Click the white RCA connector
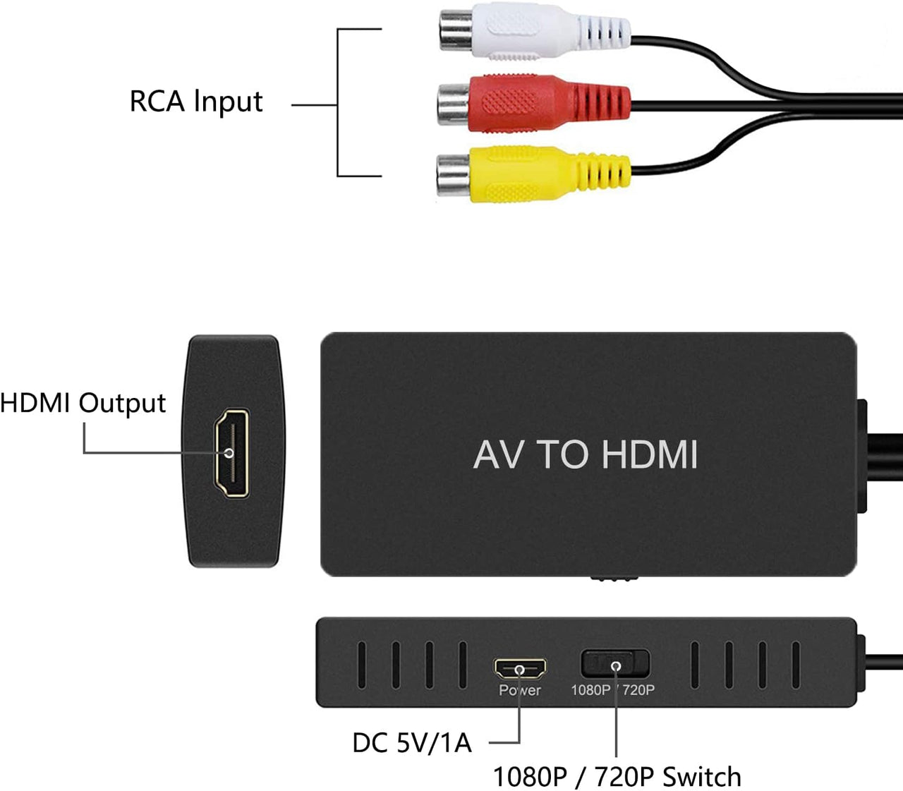pos(536,32)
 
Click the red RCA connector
pos(536,102)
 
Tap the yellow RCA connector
pos(536,174)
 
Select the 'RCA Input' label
pos(195,102)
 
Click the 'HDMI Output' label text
pos(83,403)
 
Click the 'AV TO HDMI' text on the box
pos(586,454)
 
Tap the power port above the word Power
pos(520,668)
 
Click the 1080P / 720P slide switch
pos(614,664)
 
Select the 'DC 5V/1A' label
pos(411,742)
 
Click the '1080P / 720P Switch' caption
pos(617,776)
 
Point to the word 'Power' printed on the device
pos(519,690)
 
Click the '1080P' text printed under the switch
pos(590,690)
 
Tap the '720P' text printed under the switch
pos(638,690)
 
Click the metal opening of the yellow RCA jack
pos(451,174)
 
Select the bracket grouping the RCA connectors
pos(339,102)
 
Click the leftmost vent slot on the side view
pos(361,665)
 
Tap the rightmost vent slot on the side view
pos(796,665)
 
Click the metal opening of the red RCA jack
pos(452,102)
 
